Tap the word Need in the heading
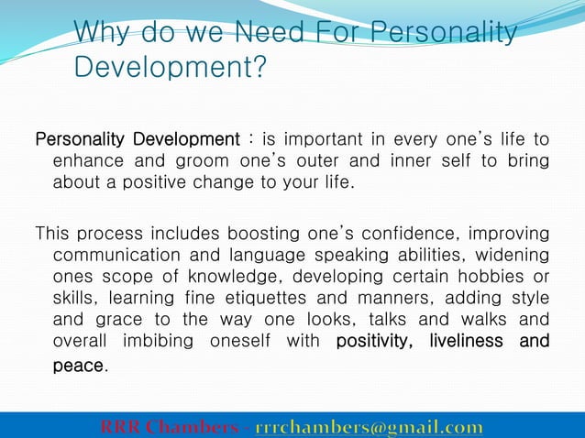click(273, 34)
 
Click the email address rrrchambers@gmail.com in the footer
click(369, 428)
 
